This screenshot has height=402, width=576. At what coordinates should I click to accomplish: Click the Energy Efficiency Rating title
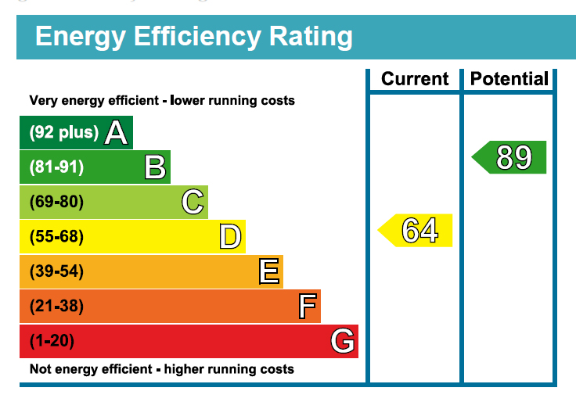[x=193, y=37]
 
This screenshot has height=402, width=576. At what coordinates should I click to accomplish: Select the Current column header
[x=415, y=79]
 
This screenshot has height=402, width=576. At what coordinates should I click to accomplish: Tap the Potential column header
[x=509, y=79]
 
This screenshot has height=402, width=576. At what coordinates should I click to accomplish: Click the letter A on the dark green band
[x=116, y=133]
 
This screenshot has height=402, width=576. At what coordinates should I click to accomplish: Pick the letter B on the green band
[x=155, y=167]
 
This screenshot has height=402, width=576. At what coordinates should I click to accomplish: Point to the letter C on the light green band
[x=193, y=202]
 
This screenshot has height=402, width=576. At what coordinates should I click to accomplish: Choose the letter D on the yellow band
[x=230, y=236]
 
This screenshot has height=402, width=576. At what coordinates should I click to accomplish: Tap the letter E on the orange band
[x=268, y=271]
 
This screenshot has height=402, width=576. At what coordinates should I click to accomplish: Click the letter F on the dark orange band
[x=307, y=306]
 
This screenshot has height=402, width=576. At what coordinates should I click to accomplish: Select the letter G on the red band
[x=343, y=341]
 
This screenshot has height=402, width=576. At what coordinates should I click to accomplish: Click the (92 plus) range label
[x=64, y=133]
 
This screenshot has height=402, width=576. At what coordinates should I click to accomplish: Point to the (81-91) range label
[x=56, y=167]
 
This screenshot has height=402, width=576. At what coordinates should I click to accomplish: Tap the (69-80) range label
[x=56, y=202]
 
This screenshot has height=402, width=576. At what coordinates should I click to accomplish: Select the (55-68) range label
[x=56, y=236]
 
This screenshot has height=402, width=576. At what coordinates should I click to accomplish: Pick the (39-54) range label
[x=56, y=271]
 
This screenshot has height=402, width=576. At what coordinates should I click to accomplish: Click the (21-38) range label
[x=56, y=306]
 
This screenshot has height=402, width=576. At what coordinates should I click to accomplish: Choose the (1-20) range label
[x=52, y=341]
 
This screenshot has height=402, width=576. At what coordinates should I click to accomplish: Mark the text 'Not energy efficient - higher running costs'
[x=162, y=369]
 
